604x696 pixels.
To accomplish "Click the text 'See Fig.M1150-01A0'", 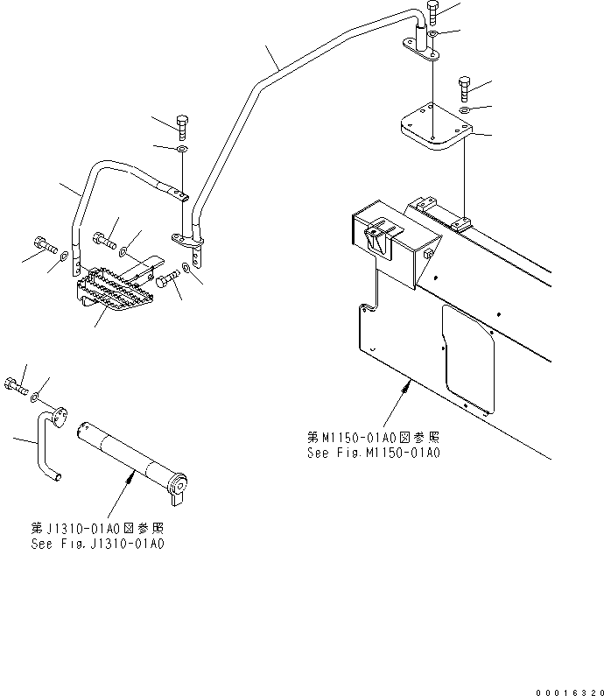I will [374, 453].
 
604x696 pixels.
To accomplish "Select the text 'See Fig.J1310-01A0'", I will [98, 544].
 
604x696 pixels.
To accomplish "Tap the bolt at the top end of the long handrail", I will [433, 12].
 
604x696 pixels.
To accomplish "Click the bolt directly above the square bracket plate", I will [464, 88].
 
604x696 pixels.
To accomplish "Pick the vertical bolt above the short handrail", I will [182, 126].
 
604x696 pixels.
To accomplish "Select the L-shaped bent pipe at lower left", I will [44, 446].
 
